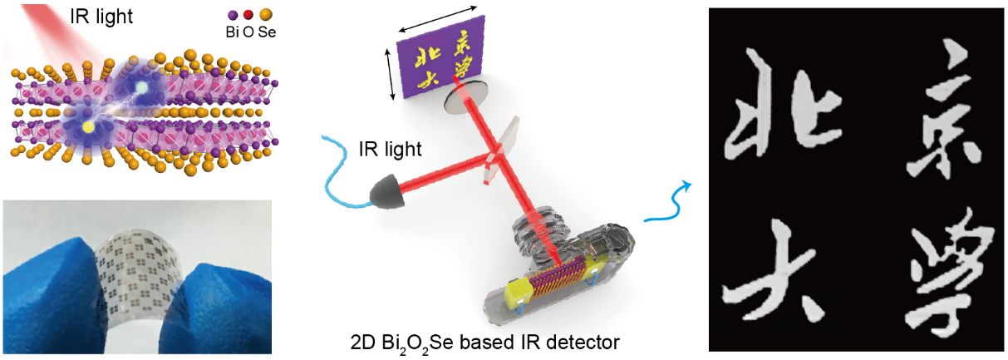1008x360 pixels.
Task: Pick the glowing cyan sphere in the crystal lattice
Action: pos(142,86)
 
